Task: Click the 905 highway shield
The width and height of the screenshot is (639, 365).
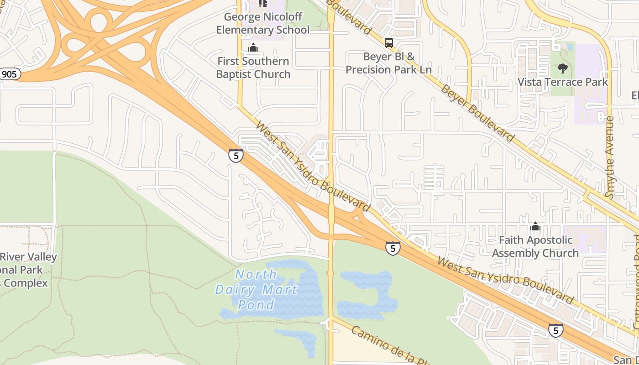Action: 9,74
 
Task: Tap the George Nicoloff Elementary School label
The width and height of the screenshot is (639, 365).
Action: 262,24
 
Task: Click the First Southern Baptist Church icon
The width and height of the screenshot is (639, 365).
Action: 253,47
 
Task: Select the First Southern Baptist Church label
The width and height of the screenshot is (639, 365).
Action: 253,68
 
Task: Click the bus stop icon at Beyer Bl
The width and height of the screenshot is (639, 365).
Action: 388,43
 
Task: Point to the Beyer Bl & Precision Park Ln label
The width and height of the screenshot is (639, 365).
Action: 388,63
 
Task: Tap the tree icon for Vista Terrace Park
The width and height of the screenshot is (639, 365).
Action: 562,68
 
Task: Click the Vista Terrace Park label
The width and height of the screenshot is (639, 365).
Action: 562,82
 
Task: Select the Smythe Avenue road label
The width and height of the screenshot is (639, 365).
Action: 610,156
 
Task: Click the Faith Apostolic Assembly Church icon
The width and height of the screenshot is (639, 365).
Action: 535,226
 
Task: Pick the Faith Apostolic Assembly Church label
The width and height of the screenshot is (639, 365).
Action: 535,246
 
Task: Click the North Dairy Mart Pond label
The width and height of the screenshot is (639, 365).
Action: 257,289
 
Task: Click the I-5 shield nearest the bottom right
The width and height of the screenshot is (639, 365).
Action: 555,330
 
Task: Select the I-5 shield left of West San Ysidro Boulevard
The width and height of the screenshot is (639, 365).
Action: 236,156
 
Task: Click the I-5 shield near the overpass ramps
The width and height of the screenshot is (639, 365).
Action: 393,248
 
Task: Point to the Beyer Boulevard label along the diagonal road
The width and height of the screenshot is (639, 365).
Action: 477,113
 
